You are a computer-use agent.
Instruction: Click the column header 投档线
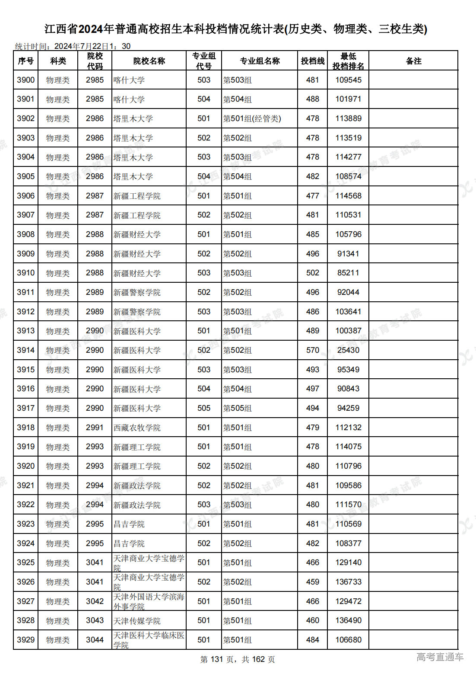pyautogui.click(x=312, y=61)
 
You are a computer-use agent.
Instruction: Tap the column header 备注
pyautogui.click(x=413, y=61)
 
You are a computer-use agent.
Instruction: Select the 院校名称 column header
pyautogui.click(x=149, y=61)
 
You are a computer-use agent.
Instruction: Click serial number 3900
pyautogui.click(x=26, y=80)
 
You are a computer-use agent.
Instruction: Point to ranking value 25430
pyautogui.click(x=348, y=350)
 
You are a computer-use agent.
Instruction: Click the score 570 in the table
pyautogui.click(x=312, y=350)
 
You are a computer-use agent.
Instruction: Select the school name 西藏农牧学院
pyautogui.click(x=137, y=428)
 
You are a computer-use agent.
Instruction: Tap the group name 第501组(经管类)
pyautogui.click(x=252, y=118)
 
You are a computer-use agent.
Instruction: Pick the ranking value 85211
pyautogui.click(x=348, y=273)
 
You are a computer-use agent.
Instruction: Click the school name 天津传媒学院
pyautogui.click(x=137, y=621)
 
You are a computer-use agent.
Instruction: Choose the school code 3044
pyautogui.click(x=95, y=640)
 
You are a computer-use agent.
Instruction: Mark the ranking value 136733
pyautogui.click(x=348, y=582)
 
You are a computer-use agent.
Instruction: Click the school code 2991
pyautogui.click(x=95, y=428)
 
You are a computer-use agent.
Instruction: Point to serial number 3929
pyautogui.click(x=26, y=640)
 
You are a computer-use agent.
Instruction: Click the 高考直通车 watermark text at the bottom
pyautogui.click(x=440, y=657)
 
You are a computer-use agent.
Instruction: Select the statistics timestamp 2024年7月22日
pyautogui.click(x=81, y=46)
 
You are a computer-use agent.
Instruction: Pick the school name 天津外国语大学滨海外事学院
pyautogui.click(x=149, y=601)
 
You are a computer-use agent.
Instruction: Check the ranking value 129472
pyautogui.click(x=348, y=601)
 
